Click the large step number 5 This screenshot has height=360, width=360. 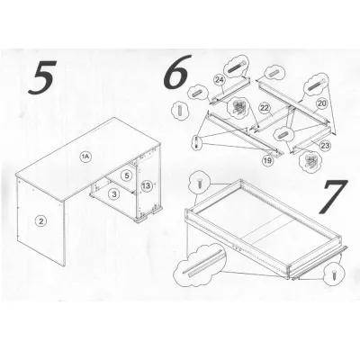point(43,77)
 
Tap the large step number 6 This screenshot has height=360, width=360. point(177,72)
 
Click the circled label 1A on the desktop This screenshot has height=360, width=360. point(85,157)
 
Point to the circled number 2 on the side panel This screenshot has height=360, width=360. point(40,221)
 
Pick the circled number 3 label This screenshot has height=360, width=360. point(114,194)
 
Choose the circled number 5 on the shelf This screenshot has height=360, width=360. point(127,175)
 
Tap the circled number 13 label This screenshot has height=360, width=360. point(146,186)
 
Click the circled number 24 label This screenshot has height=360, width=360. point(220,80)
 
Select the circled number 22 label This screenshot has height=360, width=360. point(265,108)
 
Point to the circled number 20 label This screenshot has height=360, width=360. point(321,103)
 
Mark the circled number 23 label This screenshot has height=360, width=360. point(325,146)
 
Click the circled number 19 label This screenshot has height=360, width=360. point(267,161)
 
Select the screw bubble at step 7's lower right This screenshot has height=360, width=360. point(334,274)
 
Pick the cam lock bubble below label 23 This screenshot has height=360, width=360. point(312,161)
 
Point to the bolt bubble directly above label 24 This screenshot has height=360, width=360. point(236,67)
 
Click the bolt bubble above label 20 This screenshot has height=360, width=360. point(316,83)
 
